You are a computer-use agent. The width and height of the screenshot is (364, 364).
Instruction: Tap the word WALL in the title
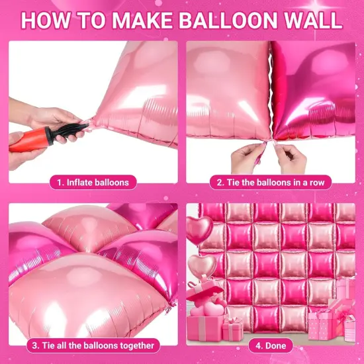(311, 20)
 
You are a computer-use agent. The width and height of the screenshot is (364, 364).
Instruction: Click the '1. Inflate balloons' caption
(93, 181)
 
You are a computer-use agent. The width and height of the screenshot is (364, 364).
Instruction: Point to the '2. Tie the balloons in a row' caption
(271, 181)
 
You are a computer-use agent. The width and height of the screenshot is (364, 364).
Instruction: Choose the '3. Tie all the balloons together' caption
(93, 345)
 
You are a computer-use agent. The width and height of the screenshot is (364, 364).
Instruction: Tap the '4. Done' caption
(271, 345)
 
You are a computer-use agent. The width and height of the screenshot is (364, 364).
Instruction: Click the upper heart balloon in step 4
(199, 229)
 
